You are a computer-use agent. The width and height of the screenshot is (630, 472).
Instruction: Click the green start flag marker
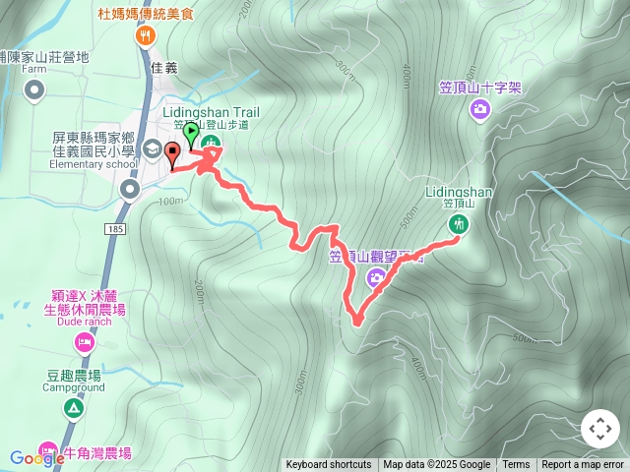[191, 133]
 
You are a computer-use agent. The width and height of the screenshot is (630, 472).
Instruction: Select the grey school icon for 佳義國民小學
[153, 148]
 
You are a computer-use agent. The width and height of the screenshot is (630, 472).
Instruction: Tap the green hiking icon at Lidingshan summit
[457, 224]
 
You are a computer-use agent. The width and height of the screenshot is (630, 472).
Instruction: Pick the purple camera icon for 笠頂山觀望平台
[375, 279]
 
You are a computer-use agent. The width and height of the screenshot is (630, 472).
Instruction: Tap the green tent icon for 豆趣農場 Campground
[73, 407]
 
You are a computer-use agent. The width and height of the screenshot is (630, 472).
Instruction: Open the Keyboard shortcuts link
[329, 465]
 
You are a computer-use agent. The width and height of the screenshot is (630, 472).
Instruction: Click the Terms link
[516, 465]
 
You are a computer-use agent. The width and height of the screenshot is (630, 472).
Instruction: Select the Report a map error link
[583, 465]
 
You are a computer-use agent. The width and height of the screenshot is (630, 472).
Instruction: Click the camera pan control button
[599, 429]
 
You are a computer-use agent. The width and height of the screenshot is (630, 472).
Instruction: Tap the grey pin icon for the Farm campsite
[34, 92]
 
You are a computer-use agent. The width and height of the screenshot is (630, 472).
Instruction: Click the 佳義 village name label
[164, 68]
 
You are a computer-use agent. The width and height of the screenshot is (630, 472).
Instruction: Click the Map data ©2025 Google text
[436, 465]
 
